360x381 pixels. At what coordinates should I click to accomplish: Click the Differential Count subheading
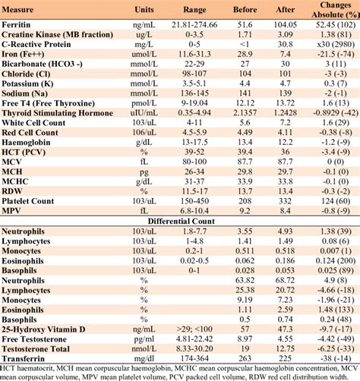[181, 220]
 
